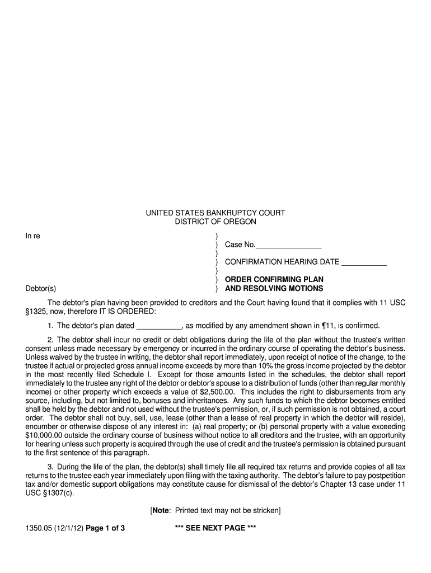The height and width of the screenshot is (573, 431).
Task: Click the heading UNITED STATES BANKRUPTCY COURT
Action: tap(215, 213)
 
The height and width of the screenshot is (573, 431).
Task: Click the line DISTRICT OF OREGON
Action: tap(215, 222)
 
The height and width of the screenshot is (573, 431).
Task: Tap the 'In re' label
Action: tap(32, 236)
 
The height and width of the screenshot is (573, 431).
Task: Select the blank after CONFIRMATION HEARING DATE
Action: tap(364, 262)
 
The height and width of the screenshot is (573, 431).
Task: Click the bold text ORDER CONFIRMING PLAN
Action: tap(274, 279)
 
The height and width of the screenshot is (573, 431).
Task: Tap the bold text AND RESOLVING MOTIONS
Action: tap(274, 289)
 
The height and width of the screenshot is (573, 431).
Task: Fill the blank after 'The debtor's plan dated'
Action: tap(159, 326)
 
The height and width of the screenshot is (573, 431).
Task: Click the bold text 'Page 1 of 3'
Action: tap(105, 527)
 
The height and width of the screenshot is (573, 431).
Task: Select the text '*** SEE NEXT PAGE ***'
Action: tap(215, 527)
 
